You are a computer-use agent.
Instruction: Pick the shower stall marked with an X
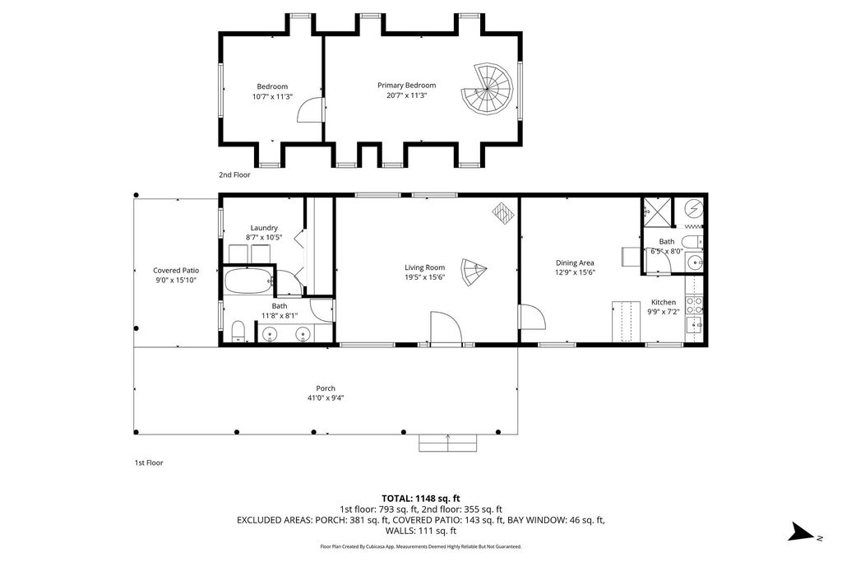click(658, 211)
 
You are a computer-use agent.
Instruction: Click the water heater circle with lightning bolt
click(695, 208)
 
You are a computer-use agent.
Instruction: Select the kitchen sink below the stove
click(696, 326)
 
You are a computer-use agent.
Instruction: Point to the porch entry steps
click(447, 444)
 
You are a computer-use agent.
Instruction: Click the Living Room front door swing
click(445, 327)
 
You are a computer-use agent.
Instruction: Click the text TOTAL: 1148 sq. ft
click(420, 498)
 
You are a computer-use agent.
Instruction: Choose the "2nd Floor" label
click(234, 174)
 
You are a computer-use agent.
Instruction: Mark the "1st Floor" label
click(149, 462)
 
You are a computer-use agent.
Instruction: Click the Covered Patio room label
click(176, 270)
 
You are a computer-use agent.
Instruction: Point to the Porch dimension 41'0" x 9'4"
click(326, 398)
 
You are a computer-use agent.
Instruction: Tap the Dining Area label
click(575, 263)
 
